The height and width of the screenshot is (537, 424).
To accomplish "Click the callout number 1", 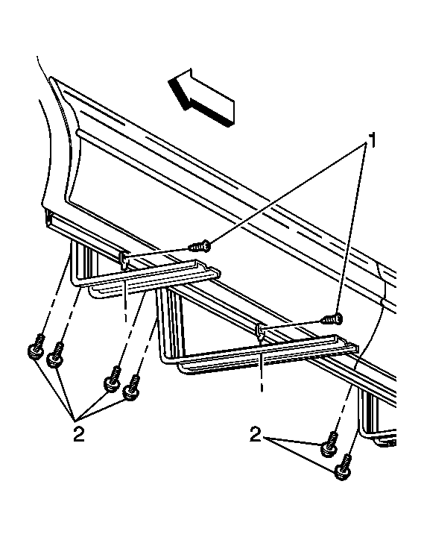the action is point(370,140).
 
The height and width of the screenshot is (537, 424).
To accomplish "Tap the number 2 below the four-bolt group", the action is point(79,434).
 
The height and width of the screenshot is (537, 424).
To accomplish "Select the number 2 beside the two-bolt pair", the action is point(256,434).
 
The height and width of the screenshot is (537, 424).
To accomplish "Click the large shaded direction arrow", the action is point(201,97).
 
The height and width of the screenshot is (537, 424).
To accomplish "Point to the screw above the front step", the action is point(200,246).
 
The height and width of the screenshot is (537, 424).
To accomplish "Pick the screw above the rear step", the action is point(332,319).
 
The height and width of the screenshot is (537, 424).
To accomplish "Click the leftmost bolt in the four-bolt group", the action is point(37,347).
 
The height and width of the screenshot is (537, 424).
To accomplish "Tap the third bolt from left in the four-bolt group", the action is point(113,379).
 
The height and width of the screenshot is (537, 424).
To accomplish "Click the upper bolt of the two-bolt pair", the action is point(329,444).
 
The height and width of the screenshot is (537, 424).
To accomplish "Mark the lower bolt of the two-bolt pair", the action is point(344,466).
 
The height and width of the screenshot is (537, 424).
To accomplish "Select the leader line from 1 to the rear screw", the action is point(353,230).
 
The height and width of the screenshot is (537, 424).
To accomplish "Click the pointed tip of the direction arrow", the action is point(168,81).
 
